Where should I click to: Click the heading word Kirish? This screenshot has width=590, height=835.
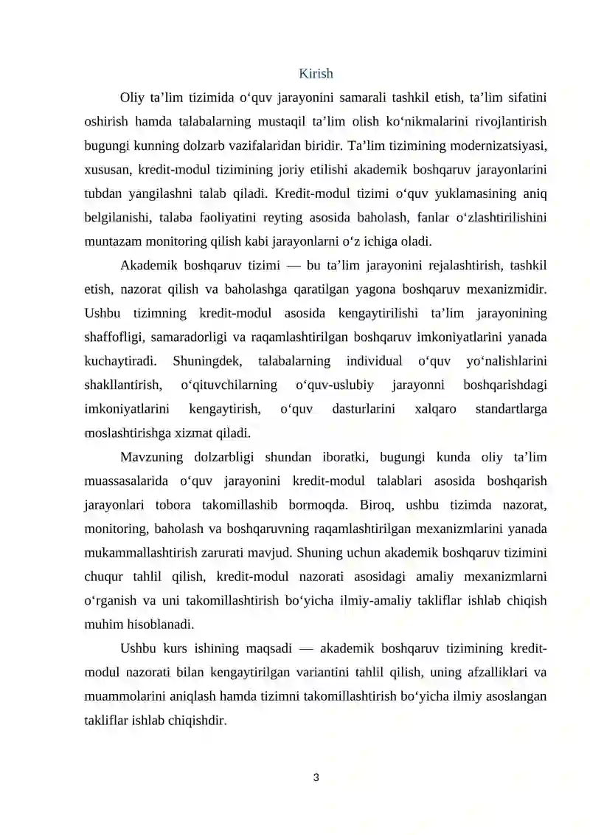tap(316, 73)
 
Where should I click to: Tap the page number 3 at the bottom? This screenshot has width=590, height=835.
tap(316, 777)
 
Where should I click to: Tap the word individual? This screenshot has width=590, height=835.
tap(374, 361)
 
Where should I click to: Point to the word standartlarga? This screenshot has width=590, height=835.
tap(511, 408)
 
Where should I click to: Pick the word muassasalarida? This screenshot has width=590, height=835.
tap(131, 481)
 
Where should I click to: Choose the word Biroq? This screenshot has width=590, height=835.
tap(378, 505)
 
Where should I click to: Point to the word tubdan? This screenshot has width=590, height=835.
tap(105, 193)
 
